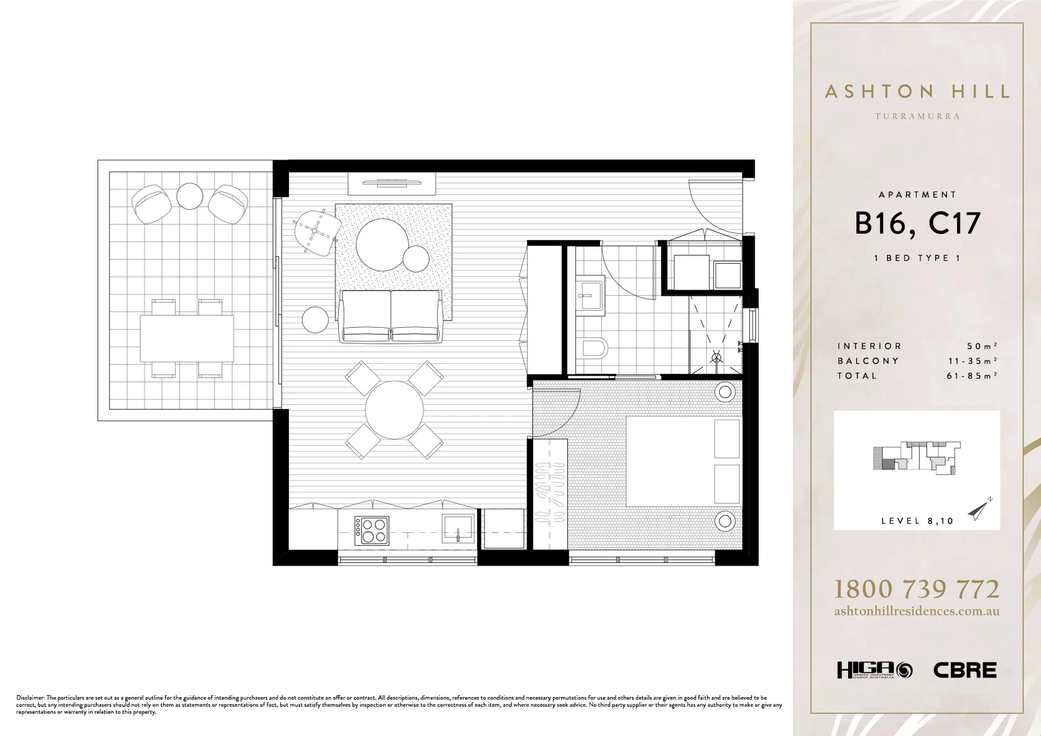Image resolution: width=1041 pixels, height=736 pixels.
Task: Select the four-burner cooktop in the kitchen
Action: (x=372, y=530)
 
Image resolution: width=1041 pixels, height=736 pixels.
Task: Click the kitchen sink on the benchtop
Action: (x=458, y=528)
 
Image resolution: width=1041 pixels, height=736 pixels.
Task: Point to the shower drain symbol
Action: (x=716, y=356)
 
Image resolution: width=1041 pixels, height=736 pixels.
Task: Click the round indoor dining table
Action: (x=394, y=410)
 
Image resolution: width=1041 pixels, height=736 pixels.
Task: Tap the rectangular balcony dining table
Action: (x=187, y=338)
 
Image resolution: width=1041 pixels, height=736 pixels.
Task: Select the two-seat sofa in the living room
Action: (x=391, y=316)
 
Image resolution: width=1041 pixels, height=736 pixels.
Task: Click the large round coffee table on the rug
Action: (x=382, y=244)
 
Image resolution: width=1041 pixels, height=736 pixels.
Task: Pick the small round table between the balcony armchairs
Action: (x=190, y=196)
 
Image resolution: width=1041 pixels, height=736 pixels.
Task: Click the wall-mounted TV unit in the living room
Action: (x=392, y=183)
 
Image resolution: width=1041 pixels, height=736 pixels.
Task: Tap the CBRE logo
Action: (x=965, y=671)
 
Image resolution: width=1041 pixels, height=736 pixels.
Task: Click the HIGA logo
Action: (x=875, y=671)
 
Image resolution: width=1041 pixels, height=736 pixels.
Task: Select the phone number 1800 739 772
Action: (x=917, y=589)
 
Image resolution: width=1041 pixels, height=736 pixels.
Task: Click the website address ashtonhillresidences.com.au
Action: (x=917, y=611)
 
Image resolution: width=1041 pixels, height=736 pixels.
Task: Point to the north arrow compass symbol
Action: (x=980, y=509)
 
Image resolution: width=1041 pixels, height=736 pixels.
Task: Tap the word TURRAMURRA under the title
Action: (x=917, y=117)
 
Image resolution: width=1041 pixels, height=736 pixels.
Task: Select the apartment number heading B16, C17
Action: (x=917, y=224)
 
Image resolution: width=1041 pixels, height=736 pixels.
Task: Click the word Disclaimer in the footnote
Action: (x=30, y=698)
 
